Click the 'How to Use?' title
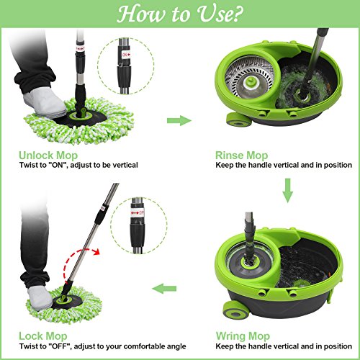coord(179,14)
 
